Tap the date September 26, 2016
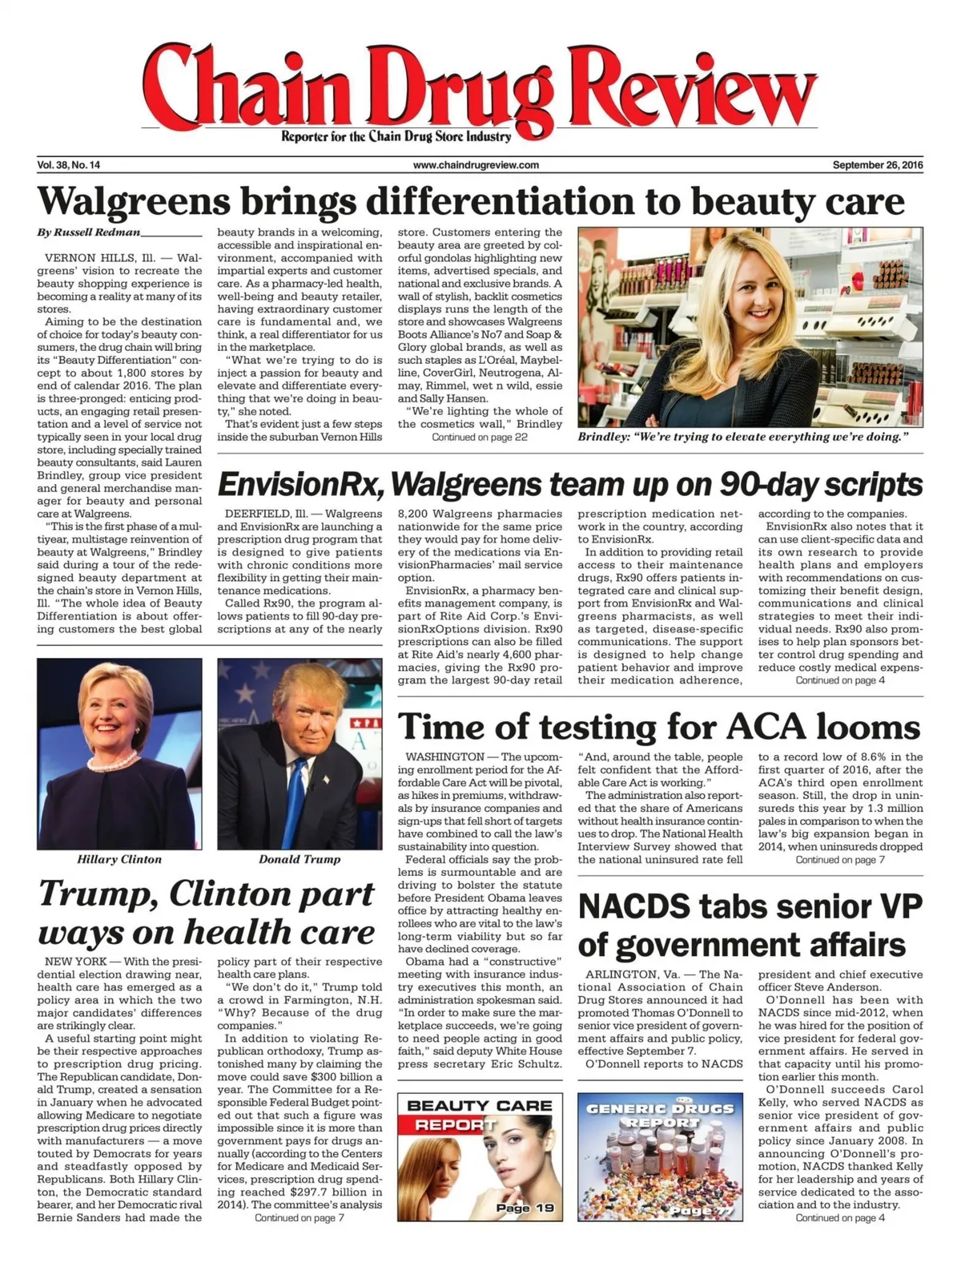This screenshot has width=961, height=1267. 877,165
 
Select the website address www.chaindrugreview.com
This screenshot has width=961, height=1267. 476,165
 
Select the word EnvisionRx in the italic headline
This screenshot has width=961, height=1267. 299,485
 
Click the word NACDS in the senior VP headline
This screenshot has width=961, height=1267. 633,906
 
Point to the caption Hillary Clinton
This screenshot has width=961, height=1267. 119,859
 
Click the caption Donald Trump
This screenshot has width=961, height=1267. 300,859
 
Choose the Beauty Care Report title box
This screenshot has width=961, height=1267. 480,1114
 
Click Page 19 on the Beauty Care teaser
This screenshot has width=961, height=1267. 525,1208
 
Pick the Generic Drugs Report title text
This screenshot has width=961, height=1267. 660,1115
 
